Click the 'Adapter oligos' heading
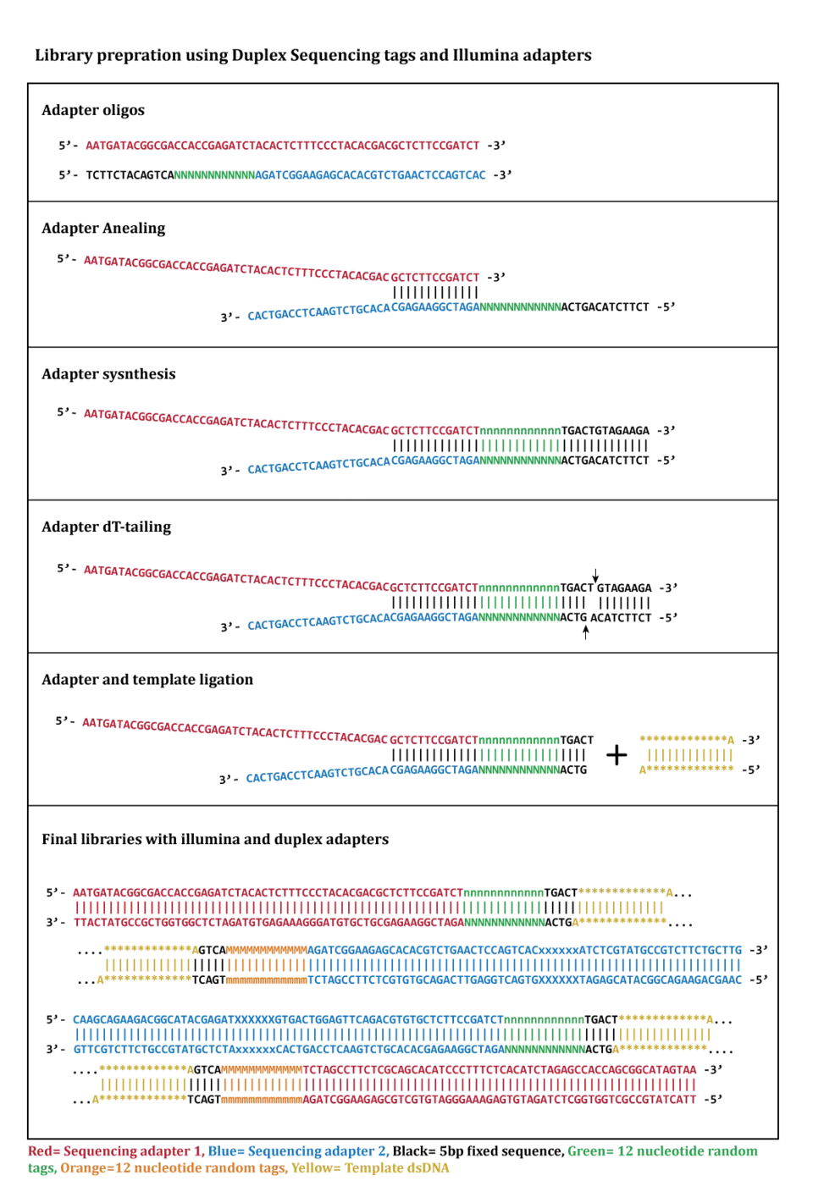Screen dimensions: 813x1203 click(93, 110)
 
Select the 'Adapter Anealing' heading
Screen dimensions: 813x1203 click(103, 229)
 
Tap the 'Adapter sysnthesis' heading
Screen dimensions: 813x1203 click(108, 374)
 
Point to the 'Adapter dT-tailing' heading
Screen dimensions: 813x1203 click(107, 527)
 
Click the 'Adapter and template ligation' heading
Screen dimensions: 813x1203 click(147, 679)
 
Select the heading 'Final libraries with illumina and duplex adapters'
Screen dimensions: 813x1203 click(215, 839)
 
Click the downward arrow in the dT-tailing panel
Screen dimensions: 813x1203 click(595, 575)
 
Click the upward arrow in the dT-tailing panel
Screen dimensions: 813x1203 click(586, 632)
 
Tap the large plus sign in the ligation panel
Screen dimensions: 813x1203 click(617, 755)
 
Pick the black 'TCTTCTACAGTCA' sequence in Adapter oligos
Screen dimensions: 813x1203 click(130, 175)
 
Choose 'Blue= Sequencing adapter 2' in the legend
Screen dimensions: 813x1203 click(298, 1151)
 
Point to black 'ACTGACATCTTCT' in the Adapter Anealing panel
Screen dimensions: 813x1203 click(605, 307)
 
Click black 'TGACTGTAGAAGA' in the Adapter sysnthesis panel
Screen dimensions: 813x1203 click(605, 431)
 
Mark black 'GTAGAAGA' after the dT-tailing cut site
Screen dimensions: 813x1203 click(624, 588)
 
